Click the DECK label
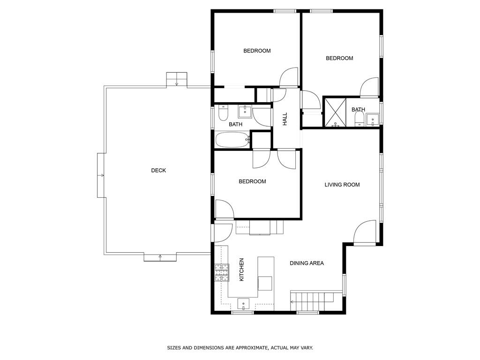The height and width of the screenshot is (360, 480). tap(158, 171)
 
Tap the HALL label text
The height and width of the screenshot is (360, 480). tap(285, 119)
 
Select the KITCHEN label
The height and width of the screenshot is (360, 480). tap(242, 270)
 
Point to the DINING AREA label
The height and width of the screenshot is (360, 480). tap(307, 263)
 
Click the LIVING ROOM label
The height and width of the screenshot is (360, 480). tap(342, 185)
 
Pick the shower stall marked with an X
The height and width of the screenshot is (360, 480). tap(335, 112)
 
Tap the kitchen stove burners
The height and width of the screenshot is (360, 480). tap(222, 273)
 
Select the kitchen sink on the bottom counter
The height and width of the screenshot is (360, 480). tap(244, 304)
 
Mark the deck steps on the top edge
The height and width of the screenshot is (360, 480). tap(177, 79)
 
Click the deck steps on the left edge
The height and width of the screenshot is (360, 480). tap(102, 175)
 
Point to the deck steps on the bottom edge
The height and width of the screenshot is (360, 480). tap(160, 257)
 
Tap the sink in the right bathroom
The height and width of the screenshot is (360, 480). tap(373, 119)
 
